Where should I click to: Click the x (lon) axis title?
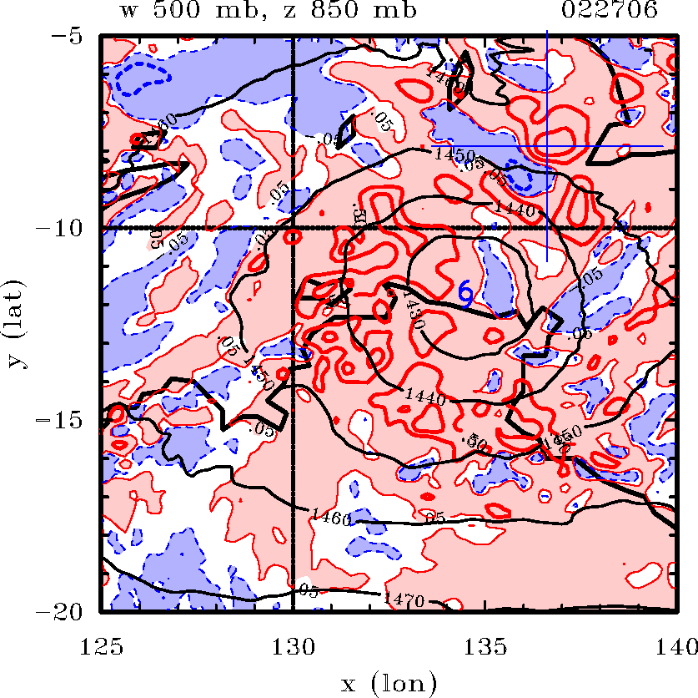click(389, 684)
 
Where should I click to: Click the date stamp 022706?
click(610, 12)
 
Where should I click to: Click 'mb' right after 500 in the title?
click(231, 12)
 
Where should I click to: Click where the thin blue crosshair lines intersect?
click(546, 146)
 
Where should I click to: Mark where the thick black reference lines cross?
click(293, 228)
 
